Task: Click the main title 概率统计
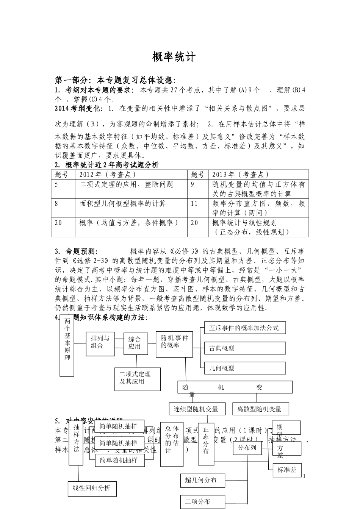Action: [x=174, y=57]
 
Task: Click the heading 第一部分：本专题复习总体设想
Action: [x=115, y=80]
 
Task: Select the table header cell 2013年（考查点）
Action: [x=240, y=174]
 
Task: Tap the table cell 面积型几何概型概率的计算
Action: [x=123, y=203]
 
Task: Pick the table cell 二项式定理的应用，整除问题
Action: [x=127, y=184]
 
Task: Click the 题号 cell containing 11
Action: [x=194, y=204]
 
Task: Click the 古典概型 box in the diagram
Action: [x=244, y=348]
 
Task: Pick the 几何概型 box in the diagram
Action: [x=244, y=368]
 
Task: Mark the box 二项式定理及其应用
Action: [x=137, y=378]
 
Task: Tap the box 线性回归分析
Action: [x=92, y=488]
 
